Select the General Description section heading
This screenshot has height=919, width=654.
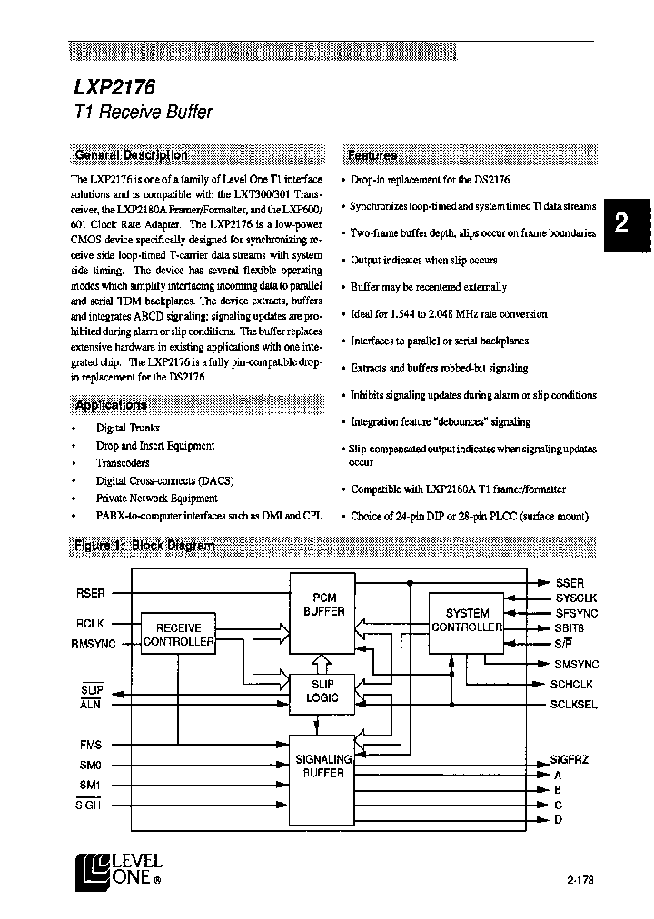131,154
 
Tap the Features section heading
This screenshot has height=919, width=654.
372,154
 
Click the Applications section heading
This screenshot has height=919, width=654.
111,405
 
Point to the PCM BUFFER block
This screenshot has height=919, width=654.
323,605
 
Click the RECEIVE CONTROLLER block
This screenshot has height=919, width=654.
179,635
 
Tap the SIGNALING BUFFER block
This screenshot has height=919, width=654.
323,766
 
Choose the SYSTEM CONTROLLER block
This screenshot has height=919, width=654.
467,620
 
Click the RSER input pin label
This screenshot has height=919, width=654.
91,593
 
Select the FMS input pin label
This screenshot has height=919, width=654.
91,745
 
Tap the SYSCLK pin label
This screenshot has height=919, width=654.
577,598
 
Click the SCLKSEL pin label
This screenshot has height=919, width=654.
574,705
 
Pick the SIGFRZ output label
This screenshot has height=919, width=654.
570,759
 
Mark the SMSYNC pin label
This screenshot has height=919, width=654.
577,665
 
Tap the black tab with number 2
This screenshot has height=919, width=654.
622,224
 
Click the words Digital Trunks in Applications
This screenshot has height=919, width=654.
128,428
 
